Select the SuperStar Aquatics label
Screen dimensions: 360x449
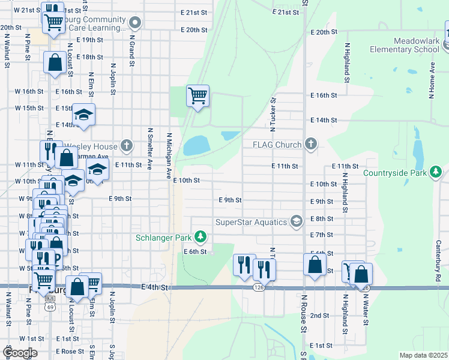click(x=251, y=222)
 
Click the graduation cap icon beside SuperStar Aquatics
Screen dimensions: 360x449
click(x=295, y=222)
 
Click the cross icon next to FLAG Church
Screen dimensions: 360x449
click(x=310, y=144)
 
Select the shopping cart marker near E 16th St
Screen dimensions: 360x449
click(x=197, y=95)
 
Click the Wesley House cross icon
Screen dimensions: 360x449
click(x=126, y=145)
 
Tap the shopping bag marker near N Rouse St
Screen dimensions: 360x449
click(x=315, y=265)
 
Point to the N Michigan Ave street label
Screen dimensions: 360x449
click(x=170, y=155)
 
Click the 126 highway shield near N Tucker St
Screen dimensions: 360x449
click(x=258, y=288)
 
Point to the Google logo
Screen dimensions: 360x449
click(x=19, y=352)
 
